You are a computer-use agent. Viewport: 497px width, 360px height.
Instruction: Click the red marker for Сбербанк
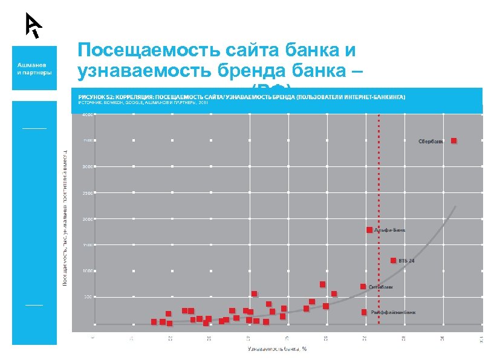[x=453, y=140]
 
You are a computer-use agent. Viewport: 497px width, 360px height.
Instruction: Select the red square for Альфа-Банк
[x=369, y=230]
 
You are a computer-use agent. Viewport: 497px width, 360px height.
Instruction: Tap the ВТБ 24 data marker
[x=393, y=261]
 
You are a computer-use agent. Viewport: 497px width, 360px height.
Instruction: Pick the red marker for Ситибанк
[x=363, y=286]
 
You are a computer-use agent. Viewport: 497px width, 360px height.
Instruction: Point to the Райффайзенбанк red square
[x=364, y=312]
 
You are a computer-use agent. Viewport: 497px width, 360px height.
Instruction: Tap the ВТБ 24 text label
[x=406, y=261]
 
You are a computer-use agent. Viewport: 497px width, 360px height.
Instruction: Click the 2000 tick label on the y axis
[x=88, y=219]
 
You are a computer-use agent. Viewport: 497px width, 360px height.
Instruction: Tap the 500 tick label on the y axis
[x=88, y=296]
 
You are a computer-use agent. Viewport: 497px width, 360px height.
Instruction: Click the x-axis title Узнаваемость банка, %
[x=278, y=349]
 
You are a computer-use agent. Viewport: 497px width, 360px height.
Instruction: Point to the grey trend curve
[x=423, y=254]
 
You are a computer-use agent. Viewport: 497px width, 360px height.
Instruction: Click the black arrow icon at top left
[x=33, y=25]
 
